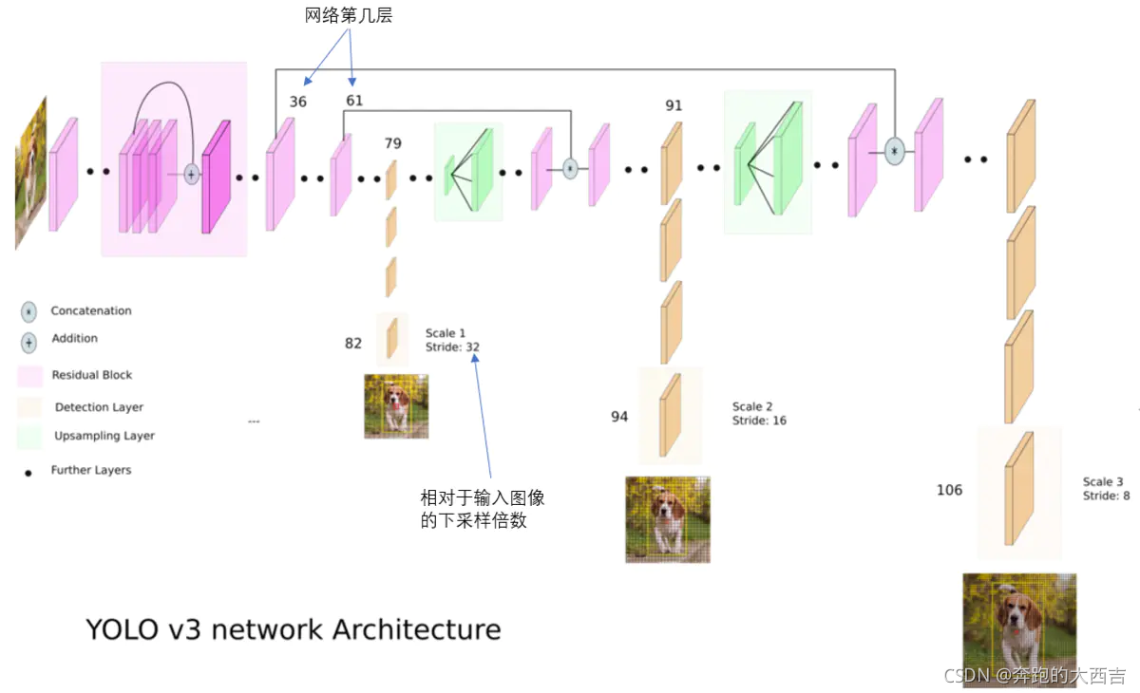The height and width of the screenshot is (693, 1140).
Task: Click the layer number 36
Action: [298, 101]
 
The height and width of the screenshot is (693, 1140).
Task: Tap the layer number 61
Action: [354, 101]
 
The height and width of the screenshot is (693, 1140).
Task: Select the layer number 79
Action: [392, 143]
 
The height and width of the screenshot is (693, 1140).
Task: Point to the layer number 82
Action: [353, 343]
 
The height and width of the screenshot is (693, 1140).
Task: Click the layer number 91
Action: [674, 105]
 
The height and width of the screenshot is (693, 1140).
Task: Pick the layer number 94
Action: [619, 416]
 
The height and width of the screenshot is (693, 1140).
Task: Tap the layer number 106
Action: [949, 490]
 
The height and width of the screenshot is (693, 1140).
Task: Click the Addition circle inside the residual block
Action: [191, 175]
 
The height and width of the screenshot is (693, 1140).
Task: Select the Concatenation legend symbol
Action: [29, 310]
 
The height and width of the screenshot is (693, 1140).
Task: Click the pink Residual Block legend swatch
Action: [29, 376]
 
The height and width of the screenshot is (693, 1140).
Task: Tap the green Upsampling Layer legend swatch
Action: [29, 437]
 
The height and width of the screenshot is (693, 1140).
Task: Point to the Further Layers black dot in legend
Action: [29, 471]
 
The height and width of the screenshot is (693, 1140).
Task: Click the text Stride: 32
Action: [452, 347]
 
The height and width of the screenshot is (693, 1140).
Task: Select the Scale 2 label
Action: [752, 406]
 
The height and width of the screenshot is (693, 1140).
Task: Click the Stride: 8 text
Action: [1106, 496]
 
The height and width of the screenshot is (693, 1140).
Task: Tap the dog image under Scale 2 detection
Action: [667, 518]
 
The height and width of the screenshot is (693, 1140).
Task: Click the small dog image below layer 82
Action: [396, 406]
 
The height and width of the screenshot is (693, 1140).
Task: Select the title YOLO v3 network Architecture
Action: [293, 628]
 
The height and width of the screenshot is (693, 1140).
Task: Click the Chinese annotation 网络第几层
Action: [348, 15]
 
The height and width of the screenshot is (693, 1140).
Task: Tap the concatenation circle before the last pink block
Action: [893, 151]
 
